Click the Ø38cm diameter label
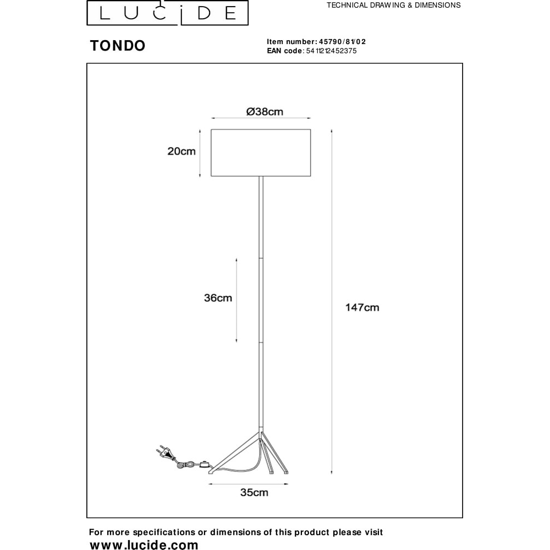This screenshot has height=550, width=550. pyautogui.click(x=265, y=112)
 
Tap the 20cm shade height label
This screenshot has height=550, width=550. pyautogui.click(x=182, y=151)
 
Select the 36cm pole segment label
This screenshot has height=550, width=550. pyautogui.click(x=218, y=298)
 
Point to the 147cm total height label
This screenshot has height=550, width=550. pyautogui.click(x=362, y=307)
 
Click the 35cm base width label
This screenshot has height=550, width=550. pyautogui.click(x=254, y=492)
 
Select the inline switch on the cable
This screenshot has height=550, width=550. pyautogui.click(x=204, y=464)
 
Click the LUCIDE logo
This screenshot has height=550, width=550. pyautogui.click(x=168, y=13)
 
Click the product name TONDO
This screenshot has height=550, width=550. pyautogui.click(x=118, y=46)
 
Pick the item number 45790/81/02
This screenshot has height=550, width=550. pyautogui.click(x=342, y=42)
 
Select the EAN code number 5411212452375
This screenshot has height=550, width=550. pyautogui.click(x=332, y=51)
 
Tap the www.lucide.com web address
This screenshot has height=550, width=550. pyautogui.click(x=144, y=544)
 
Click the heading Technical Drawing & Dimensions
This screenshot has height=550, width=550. pyautogui.click(x=394, y=5)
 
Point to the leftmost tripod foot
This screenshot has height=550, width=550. pyautogui.click(x=211, y=472)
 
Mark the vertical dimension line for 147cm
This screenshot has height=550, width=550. pyautogui.click(x=332, y=301)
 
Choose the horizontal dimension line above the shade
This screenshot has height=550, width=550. pyautogui.click(x=261, y=118)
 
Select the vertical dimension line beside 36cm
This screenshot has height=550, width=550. pyautogui.click(x=237, y=300)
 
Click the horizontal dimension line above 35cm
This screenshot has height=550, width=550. pyautogui.click(x=249, y=484)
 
